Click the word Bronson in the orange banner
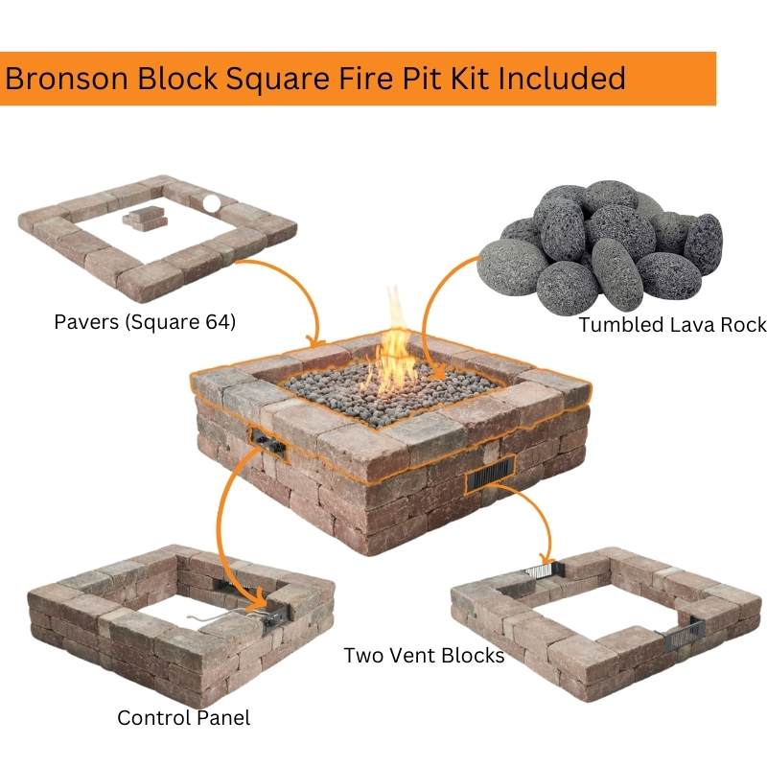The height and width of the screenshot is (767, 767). [x=67, y=79]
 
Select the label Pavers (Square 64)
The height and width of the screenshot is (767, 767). [x=145, y=322]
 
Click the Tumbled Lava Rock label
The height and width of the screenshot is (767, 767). [x=673, y=325]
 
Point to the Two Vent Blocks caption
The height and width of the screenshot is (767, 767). [x=424, y=656]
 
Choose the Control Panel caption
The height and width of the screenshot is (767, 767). [x=183, y=718]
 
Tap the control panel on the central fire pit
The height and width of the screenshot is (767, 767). [x=267, y=442]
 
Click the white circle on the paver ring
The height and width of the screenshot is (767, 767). [x=211, y=203]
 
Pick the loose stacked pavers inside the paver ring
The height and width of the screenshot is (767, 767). [x=146, y=219]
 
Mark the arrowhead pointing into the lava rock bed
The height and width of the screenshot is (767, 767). [x=437, y=372]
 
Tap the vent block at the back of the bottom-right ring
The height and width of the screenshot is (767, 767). [x=545, y=569]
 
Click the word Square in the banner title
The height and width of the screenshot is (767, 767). [x=277, y=80]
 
